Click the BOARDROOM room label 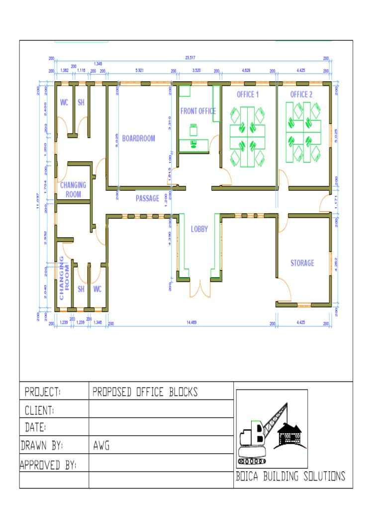[x=138, y=138]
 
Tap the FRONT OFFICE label [x=198, y=111]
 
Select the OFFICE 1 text [x=247, y=95]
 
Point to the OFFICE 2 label [x=301, y=95]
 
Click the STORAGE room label [x=302, y=262]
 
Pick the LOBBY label [x=199, y=230]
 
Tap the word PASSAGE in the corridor [x=148, y=198]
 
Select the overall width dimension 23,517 [x=191, y=58]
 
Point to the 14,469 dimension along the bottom [x=192, y=323]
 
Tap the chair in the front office [x=193, y=130]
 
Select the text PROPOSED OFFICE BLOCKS [x=145, y=392]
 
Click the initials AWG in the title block [x=101, y=446]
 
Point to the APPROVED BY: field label [x=48, y=465]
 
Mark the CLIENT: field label [x=39, y=411]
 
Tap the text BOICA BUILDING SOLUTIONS [x=290, y=477]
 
